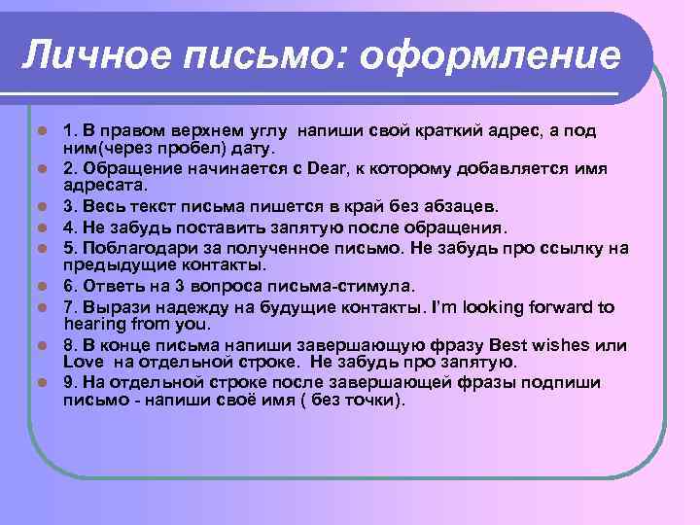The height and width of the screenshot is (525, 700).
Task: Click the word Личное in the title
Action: (x=78, y=54)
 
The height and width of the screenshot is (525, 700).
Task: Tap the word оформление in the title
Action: (x=490, y=54)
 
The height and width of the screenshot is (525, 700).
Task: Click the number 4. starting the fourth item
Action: (x=69, y=227)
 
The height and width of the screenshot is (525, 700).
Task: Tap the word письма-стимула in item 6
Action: (x=332, y=285)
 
